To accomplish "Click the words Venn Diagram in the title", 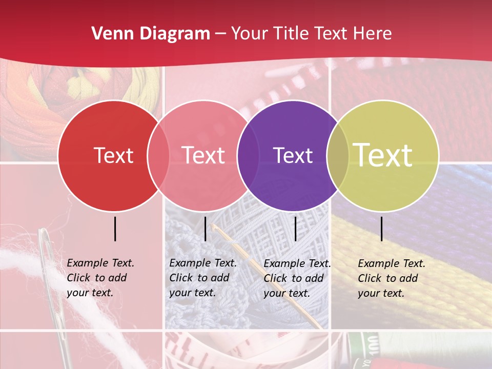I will point(151,34).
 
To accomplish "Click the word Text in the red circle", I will point(113,155).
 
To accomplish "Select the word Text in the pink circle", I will point(203,155).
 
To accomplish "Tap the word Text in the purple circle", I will point(293,155).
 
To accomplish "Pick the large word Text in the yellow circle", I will point(383,155).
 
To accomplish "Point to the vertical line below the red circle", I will point(115,229).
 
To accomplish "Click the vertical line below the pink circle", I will point(205,229).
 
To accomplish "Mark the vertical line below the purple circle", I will point(295,229).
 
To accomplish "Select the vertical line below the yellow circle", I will point(381,229).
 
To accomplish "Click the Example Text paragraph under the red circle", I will point(100,278).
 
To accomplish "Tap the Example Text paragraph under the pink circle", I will point(203,278).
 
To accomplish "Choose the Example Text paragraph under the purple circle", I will point(297,278).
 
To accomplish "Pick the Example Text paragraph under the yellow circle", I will point(392,278).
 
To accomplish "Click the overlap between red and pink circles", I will point(158,155).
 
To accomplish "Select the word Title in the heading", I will point(293,34).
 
